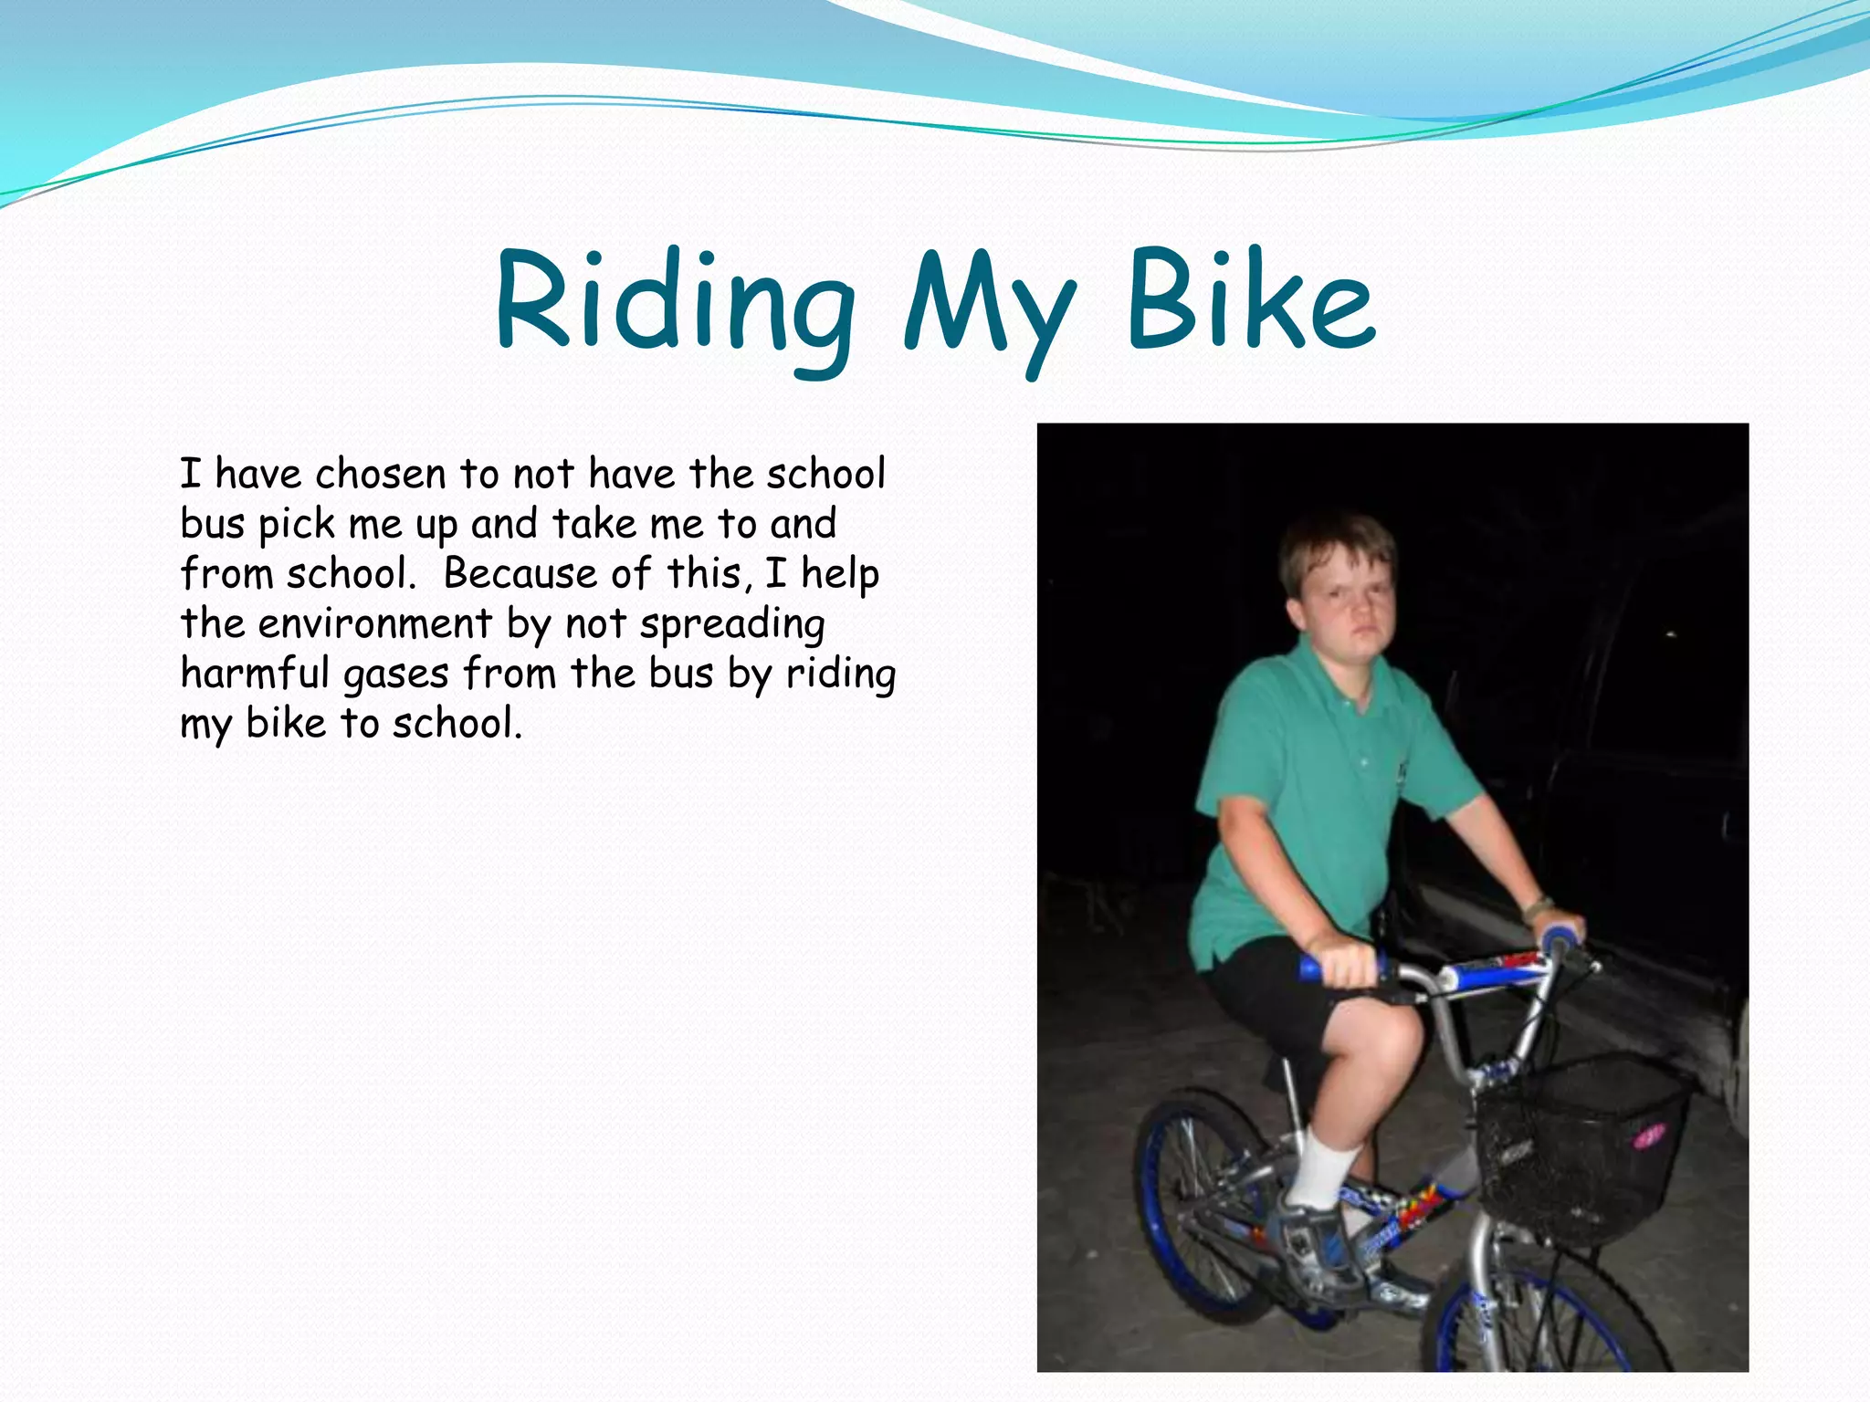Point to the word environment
click(375, 624)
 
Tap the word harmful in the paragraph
click(254, 674)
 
